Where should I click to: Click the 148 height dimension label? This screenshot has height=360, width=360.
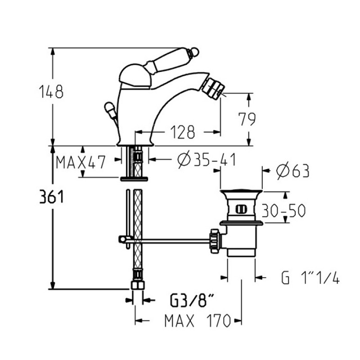pos(51,92)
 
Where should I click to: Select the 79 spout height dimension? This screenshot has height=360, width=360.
pos(247,119)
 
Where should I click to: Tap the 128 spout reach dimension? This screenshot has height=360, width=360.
pos(183,132)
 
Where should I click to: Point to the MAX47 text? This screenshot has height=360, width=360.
pos(81,162)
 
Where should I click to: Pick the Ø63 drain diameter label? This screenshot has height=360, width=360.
pos(293,171)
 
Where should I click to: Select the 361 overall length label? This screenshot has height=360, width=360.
pos(51,197)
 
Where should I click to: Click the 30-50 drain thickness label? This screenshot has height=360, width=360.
pos(284,210)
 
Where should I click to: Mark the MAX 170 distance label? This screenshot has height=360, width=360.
pos(198,320)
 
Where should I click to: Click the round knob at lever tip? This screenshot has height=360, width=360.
pos(194,52)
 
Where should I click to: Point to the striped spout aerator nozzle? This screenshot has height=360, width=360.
pos(213,88)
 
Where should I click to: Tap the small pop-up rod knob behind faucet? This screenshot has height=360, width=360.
pos(109,108)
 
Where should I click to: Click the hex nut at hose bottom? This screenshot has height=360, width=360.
pos(138,285)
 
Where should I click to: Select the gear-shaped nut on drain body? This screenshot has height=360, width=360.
pos(215,241)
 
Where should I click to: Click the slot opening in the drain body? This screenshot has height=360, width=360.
pos(241,209)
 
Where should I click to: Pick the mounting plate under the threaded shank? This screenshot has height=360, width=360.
pos(134,179)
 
